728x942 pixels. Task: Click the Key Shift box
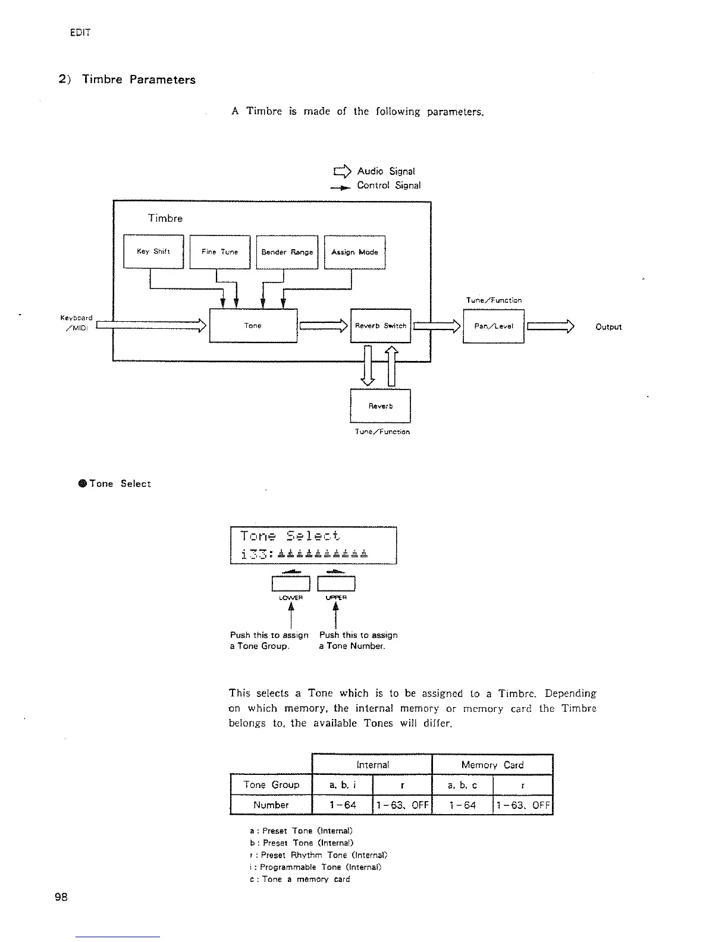tap(153, 252)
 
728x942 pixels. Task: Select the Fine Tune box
tap(219, 252)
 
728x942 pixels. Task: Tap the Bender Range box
tap(287, 252)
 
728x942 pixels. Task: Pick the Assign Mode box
tap(354, 252)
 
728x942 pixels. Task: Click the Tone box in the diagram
tap(253, 325)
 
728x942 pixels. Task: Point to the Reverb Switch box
tap(381, 325)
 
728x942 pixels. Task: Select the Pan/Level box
tap(493, 326)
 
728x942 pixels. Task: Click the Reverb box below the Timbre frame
tap(381, 406)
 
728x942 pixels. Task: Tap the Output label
tap(608, 326)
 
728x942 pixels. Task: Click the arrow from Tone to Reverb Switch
tap(324, 325)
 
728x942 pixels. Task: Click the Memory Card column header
tap(492, 765)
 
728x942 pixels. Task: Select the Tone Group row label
tap(271, 784)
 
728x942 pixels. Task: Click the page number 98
tap(61, 897)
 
